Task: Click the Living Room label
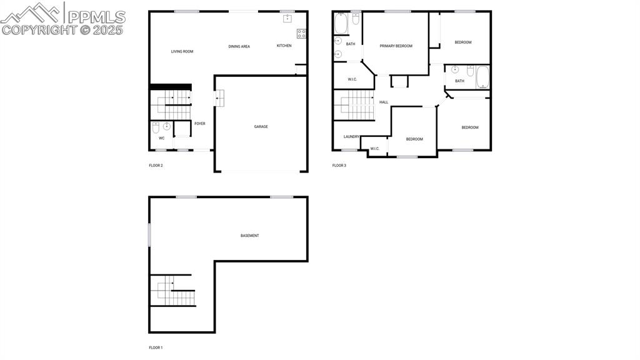[182, 51]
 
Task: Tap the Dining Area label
[239, 46]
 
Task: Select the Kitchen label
[284, 46]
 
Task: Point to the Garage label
[261, 127]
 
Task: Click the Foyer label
[200, 124]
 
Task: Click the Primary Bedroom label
[396, 46]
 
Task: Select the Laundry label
[351, 136]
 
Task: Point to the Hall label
[384, 102]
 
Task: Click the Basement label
[249, 236]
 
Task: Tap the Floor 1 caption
[156, 347]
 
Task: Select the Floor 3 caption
[339, 166]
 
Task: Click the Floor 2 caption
[156, 166]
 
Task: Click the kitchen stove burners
[301, 34]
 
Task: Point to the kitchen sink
[287, 19]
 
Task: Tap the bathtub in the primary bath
[341, 24]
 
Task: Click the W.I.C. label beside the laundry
[375, 149]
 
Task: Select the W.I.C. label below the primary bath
[352, 79]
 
